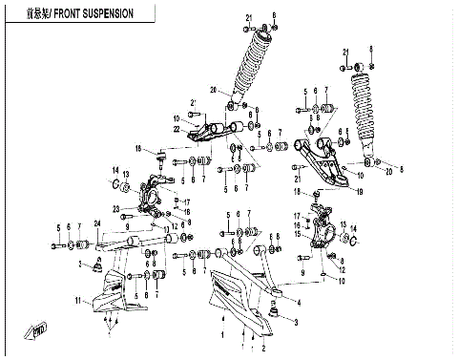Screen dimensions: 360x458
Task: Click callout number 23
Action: (114, 208)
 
